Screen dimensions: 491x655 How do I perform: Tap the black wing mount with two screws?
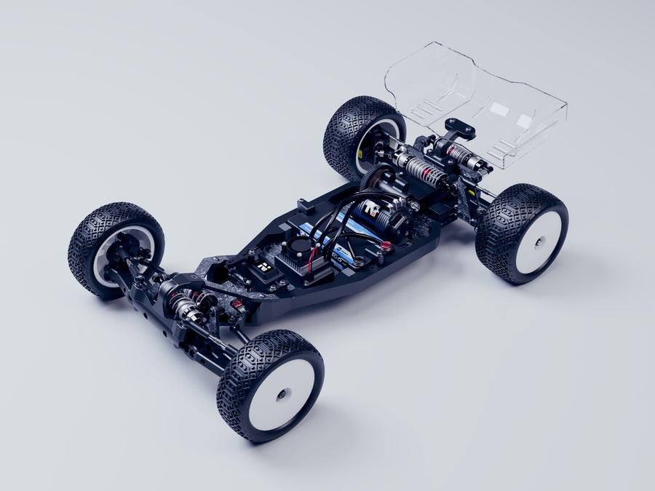click(x=460, y=129)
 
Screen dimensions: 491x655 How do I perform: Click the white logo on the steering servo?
click(x=266, y=267)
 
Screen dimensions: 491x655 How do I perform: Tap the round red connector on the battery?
click(x=386, y=247)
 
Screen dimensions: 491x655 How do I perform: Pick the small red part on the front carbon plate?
click(x=237, y=305)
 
